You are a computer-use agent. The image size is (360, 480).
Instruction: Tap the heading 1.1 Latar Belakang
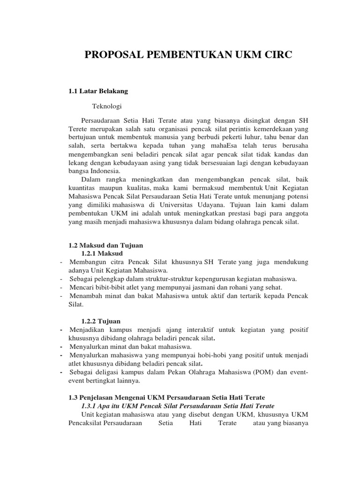[98, 90]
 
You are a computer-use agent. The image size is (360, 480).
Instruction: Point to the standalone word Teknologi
[106, 106]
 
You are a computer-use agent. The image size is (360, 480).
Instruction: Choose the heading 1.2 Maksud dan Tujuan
[105, 245]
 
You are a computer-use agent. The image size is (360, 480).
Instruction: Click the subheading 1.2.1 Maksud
[102, 253]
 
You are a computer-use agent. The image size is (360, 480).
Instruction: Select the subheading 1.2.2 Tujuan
[101, 321]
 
